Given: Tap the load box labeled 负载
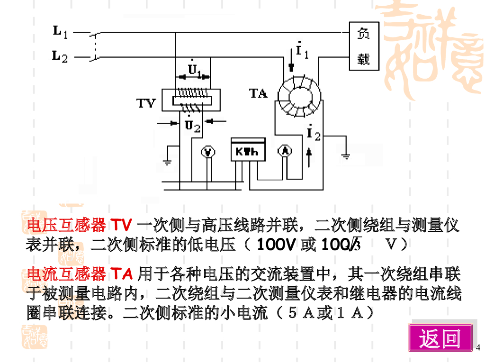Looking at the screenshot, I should pos(364,46).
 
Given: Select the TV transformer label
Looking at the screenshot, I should pos(146,103).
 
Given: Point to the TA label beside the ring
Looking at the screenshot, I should pos(259,93).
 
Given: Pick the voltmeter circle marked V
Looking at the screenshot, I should pos(208,151).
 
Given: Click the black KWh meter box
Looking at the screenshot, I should pos(248,150).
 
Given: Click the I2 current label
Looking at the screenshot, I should pos(313,134).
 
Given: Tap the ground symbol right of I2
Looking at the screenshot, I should pos(346,155).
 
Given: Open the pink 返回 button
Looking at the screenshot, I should pos(440,338).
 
